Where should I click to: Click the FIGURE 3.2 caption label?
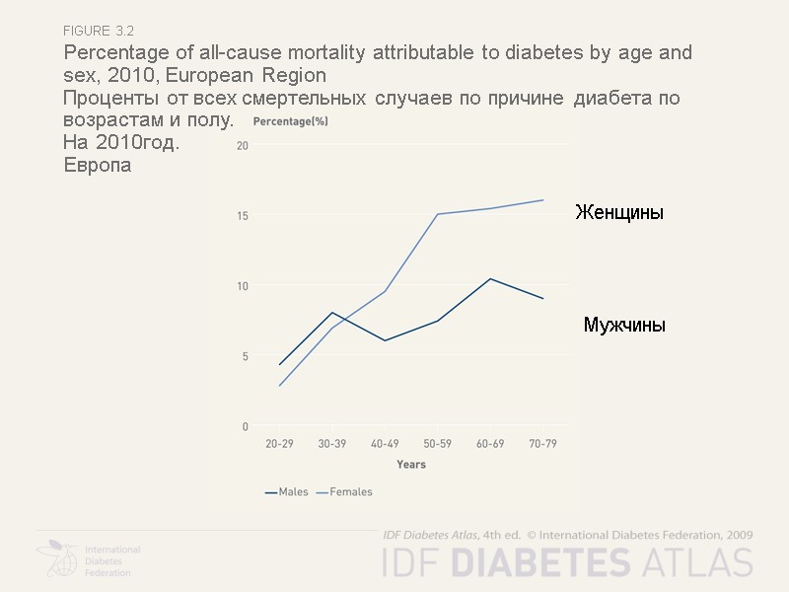tap(106, 32)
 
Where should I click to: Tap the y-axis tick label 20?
tap(242, 146)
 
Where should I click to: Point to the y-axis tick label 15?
tap(242, 216)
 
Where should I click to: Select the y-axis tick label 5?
tap(245, 356)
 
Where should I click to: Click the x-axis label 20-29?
tap(279, 444)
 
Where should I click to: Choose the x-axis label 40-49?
tap(385, 444)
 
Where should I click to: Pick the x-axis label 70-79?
tap(542, 444)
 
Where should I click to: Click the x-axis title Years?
tap(411, 465)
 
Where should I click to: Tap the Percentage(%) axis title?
tap(291, 121)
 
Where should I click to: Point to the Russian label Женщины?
tap(619, 213)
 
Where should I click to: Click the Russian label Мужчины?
tap(623, 325)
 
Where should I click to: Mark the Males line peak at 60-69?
tap(490, 278)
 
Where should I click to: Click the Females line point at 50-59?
tap(437, 214)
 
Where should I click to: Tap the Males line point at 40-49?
tap(385, 340)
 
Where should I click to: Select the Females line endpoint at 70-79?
tap(542, 200)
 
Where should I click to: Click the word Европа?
tap(97, 165)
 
